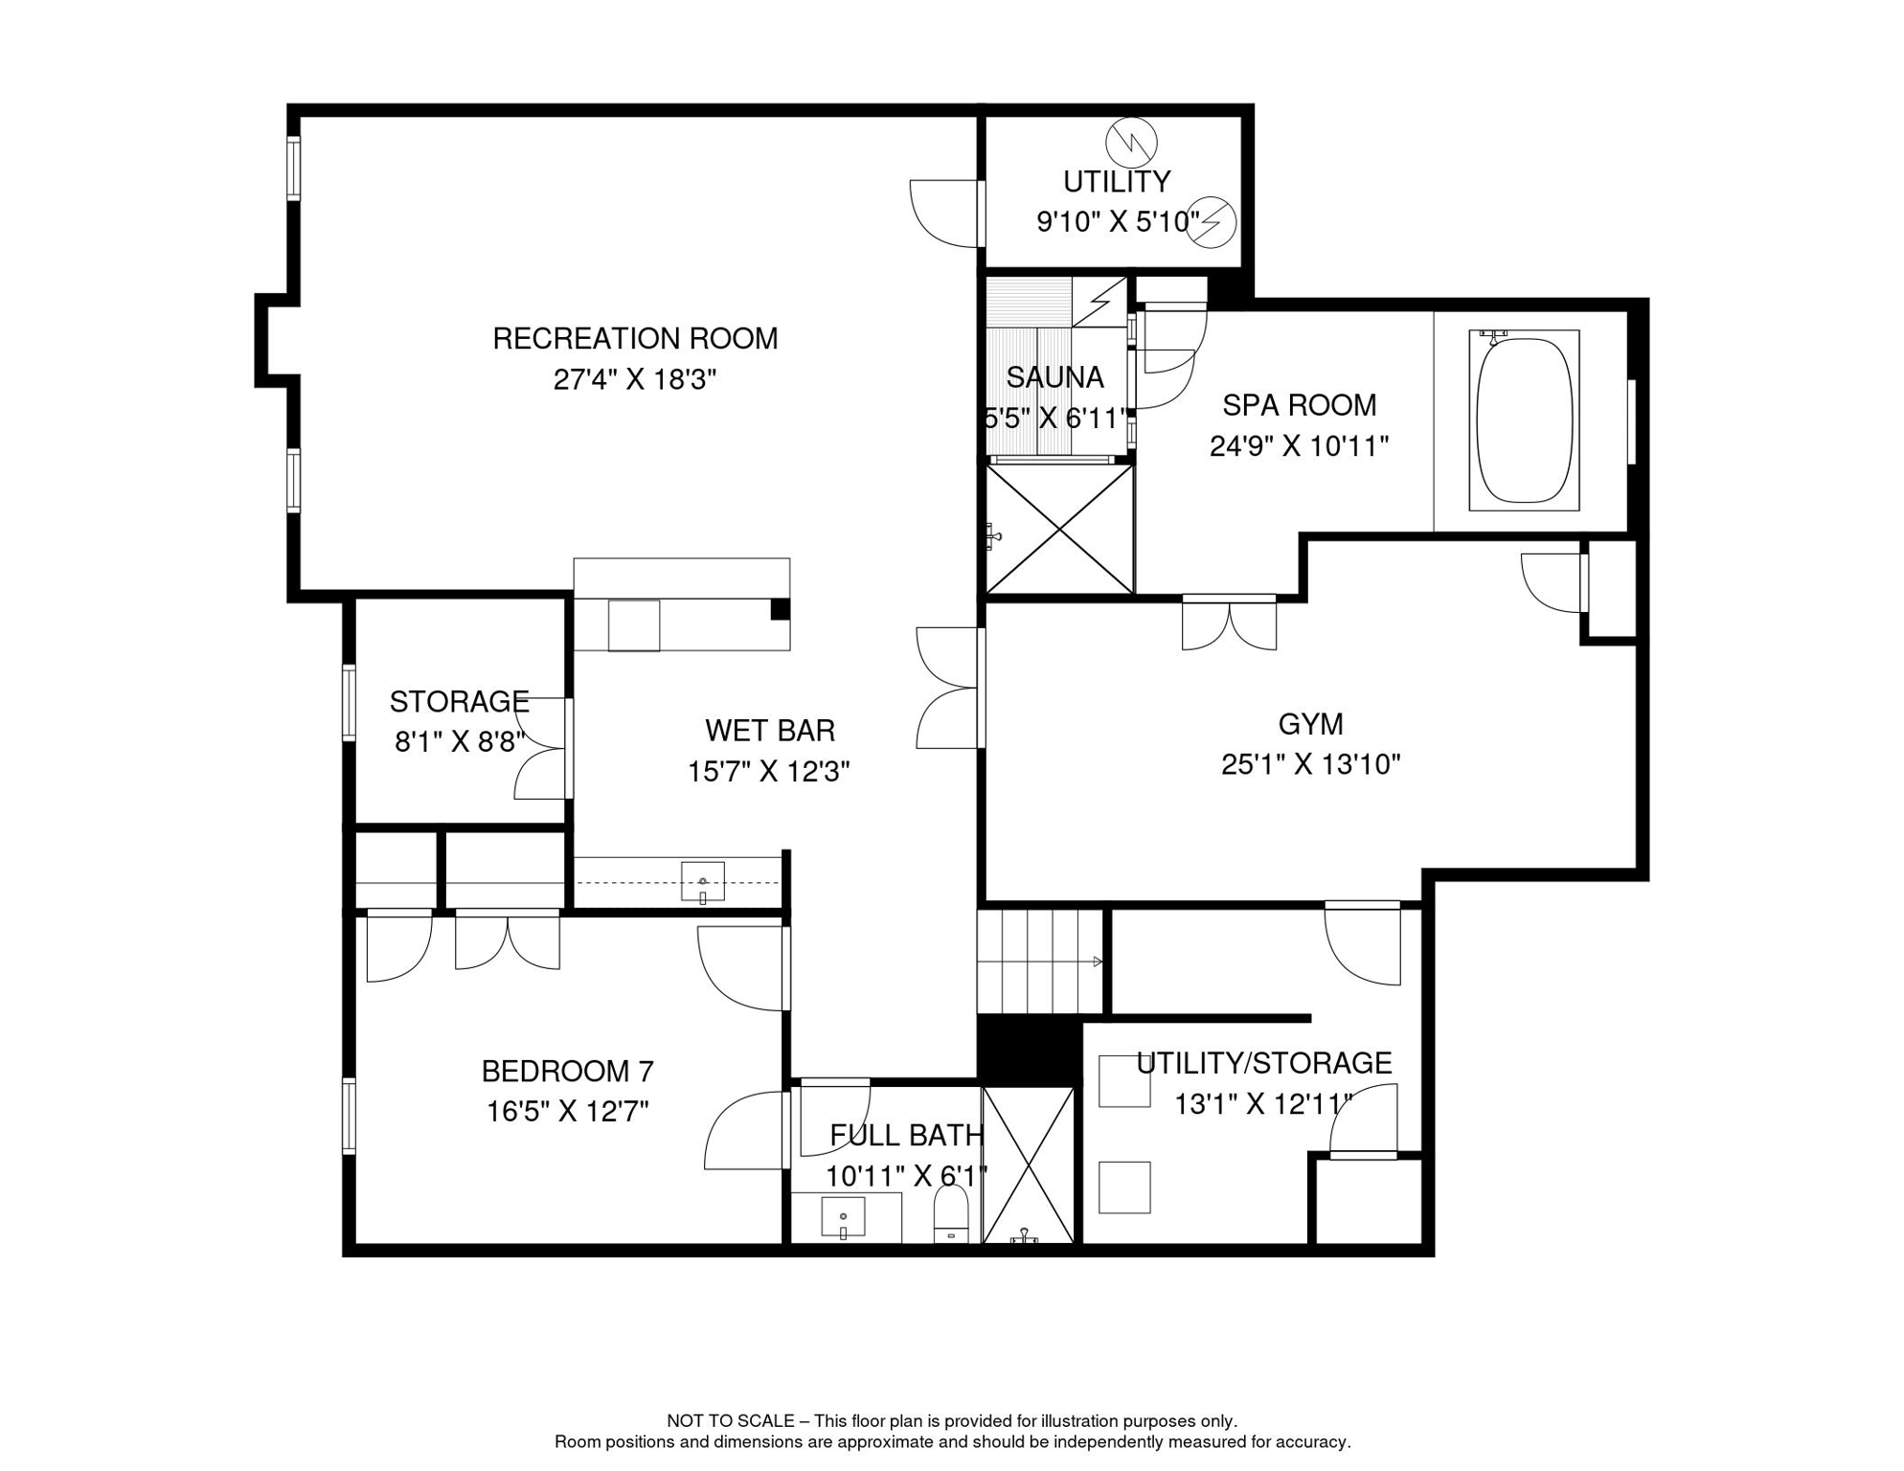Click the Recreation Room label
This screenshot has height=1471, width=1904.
(x=635, y=339)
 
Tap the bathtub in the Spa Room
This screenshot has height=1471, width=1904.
(x=1524, y=420)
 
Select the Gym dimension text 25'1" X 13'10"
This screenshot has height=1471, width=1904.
(x=1310, y=765)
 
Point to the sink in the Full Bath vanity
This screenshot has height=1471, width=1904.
(x=843, y=1217)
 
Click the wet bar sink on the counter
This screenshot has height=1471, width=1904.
(x=702, y=881)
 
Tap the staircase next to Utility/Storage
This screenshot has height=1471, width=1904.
(x=1040, y=962)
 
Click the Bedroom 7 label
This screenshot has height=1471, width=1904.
(x=567, y=1071)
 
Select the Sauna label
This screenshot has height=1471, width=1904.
(x=1054, y=378)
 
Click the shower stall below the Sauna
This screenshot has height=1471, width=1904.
(x=1059, y=530)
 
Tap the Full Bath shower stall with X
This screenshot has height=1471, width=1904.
(x=1029, y=1165)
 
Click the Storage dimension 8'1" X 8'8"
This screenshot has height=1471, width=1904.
(x=460, y=742)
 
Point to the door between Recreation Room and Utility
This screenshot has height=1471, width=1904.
(x=946, y=213)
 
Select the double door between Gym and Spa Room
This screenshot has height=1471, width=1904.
(x=1229, y=622)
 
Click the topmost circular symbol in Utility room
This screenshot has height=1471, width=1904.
(x=1131, y=143)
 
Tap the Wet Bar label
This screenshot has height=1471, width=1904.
(x=770, y=732)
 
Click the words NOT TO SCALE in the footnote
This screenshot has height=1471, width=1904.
(x=730, y=1421)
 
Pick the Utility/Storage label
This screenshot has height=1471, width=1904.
(x=1263, y=1064)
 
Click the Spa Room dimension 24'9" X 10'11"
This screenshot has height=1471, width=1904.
(x=1299, y=447)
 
